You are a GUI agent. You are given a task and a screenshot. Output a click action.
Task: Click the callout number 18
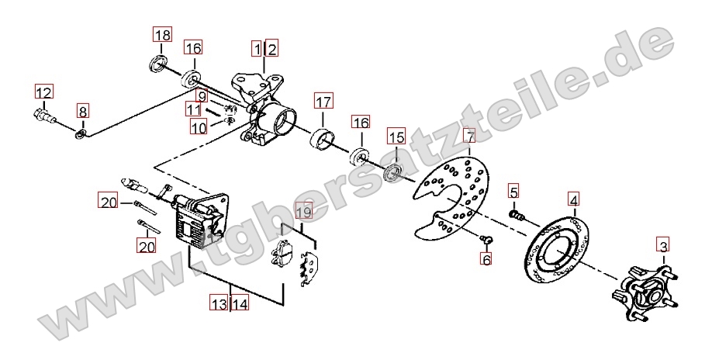point(163,35)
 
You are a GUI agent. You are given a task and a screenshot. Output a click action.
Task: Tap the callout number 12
point(44,92)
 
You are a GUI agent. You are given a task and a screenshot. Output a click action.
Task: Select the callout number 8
point(82,111)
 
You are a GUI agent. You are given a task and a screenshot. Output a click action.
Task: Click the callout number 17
point(323,102)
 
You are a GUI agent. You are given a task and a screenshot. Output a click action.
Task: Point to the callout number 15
point(396,137)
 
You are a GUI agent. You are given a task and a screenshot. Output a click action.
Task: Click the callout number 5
point(513,192)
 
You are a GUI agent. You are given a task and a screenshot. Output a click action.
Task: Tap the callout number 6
point(486,260)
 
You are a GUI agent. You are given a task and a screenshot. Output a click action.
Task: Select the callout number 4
point(575,199)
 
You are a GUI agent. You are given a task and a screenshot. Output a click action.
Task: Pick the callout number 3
point(663,247)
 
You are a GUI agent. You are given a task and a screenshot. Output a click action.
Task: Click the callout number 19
point(305,212)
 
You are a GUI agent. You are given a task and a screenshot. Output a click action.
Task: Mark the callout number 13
point(219,303)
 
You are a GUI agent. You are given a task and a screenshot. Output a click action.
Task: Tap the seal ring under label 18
point(158,63)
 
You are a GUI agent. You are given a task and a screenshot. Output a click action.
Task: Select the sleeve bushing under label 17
point(322,138)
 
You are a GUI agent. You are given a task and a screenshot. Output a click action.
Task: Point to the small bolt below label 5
point(517,215)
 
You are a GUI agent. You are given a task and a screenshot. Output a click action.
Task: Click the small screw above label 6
point(487,238)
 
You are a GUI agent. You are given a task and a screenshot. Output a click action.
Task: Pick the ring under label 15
point(393,174)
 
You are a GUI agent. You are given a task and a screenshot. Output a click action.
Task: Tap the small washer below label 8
point(81,134)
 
